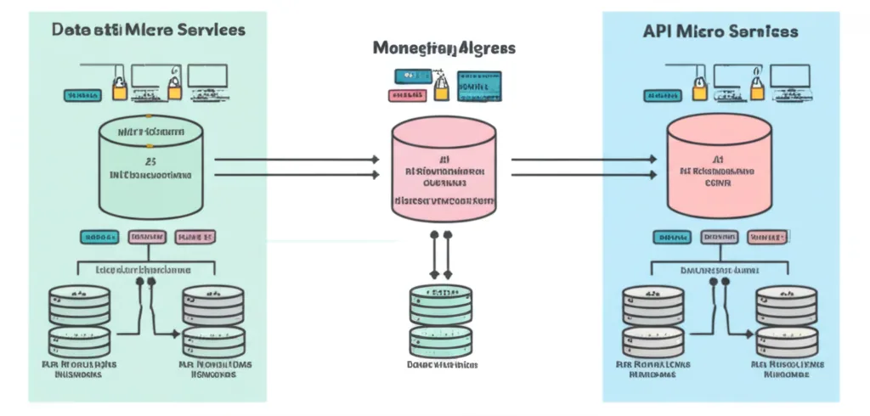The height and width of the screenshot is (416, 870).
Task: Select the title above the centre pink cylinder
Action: [443, 48]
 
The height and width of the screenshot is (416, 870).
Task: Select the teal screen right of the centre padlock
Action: [479, 83]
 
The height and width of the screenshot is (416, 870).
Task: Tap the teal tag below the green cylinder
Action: [99, 238]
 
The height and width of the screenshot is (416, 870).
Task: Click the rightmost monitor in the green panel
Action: [208, 77]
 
